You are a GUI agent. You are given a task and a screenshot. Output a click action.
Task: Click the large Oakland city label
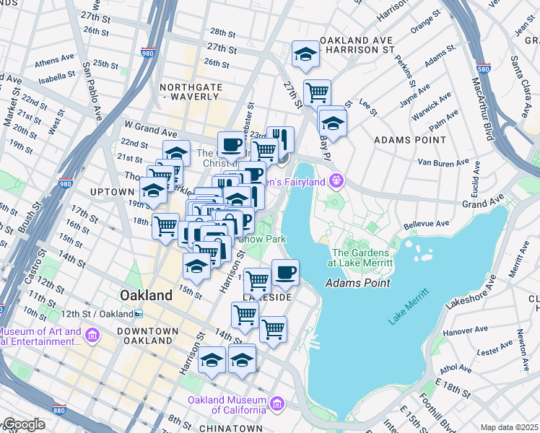click(x=147, y=295)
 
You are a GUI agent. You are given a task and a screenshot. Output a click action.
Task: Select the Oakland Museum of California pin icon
click(x=277, y=401)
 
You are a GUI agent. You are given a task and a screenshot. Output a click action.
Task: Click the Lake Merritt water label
click(x=408, y=308)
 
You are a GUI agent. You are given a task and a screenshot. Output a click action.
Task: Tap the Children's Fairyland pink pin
click(x=335, y=180)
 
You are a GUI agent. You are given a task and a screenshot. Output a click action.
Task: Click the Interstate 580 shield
click(x=484, y=69)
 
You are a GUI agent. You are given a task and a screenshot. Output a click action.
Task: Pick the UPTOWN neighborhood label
click(x=112, y=192)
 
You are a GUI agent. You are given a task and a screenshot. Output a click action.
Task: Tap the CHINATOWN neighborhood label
click(x=229, y=428)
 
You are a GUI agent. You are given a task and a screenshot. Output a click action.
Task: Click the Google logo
click(x=24, y=424)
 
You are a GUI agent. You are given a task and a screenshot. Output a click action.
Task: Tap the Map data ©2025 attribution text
click(x=508, y=427)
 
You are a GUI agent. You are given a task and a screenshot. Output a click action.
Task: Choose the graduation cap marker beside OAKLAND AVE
click(x=305, y=54)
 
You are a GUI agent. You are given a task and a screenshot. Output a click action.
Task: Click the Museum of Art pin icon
click(x=92, y=335)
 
